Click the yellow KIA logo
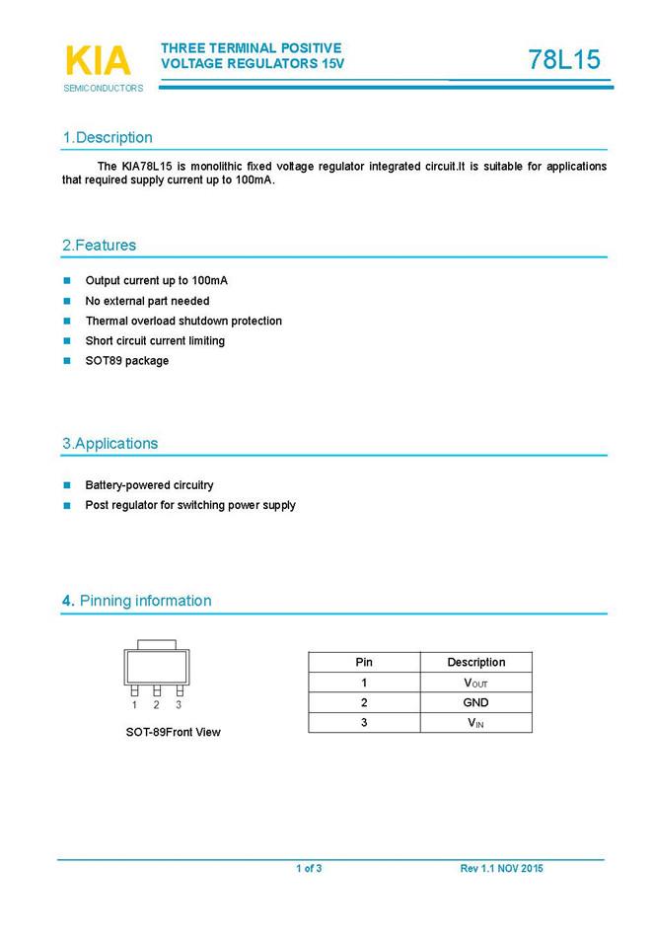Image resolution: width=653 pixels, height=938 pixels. (98, 61)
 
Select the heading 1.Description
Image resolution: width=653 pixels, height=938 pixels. (108, 137)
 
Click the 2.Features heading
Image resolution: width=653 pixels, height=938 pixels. (99, 245)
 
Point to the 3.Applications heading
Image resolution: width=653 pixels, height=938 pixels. (109, 444)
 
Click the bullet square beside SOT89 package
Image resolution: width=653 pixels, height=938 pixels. (68, 361)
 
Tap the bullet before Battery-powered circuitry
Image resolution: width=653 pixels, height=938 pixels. (68, 485)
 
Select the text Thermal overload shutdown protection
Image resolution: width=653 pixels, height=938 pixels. (183, 321)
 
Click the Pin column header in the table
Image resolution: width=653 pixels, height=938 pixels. (364, 662)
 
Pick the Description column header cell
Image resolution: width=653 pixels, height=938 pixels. (475, 662)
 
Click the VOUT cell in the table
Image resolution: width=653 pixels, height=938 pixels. (475, 683)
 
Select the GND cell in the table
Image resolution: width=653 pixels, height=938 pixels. (475, 702)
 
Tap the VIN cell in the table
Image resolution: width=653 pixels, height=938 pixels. (475, 723)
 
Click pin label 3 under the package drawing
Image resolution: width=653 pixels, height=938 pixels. (179, 705)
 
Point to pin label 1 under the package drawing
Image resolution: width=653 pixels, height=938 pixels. (134, 705)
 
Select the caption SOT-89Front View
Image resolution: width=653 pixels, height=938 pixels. (173, 732)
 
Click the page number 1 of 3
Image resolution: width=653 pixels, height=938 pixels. (309, 868)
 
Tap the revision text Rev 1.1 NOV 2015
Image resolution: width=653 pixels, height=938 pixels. (501, 868)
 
